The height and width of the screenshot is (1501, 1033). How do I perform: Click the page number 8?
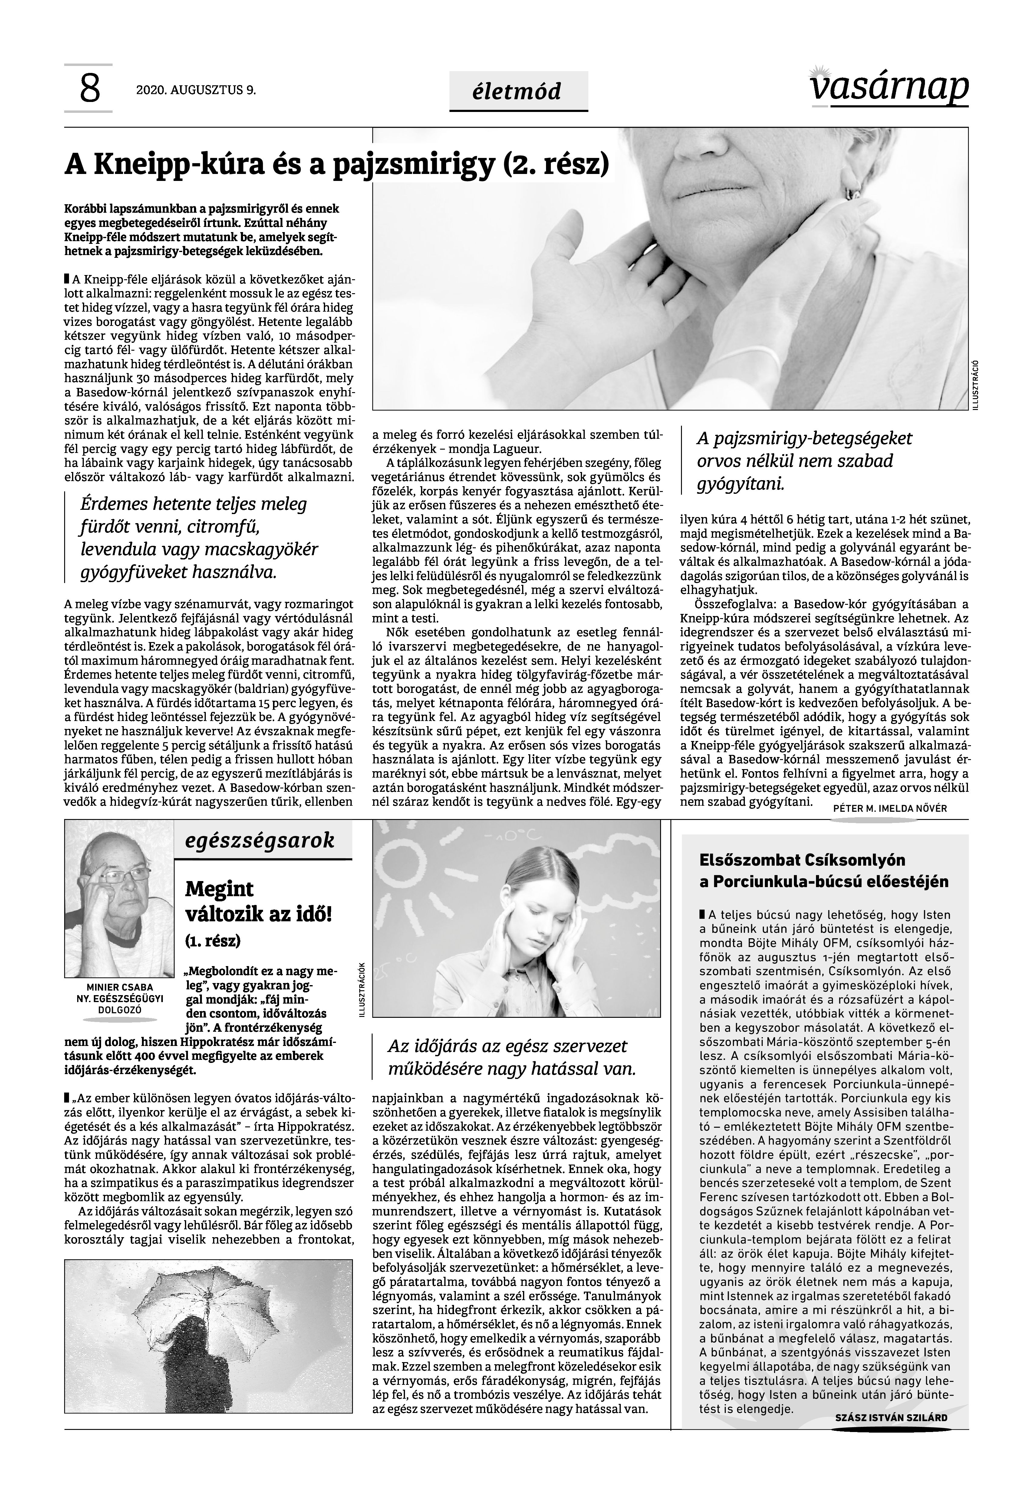click(x=90, y=89)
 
